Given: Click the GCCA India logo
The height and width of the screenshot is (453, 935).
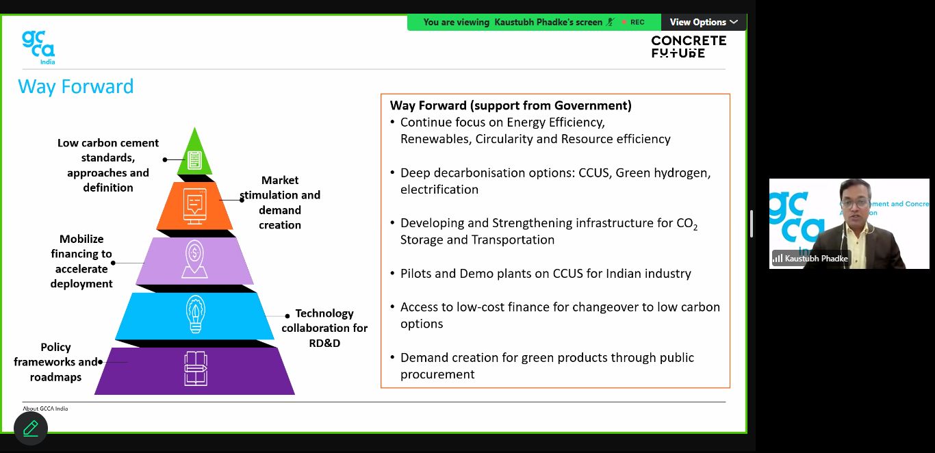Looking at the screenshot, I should [x=38, y=47].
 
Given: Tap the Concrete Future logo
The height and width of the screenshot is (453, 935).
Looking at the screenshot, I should [x=688, y=47].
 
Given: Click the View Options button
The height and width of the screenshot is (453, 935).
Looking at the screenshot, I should [x=704, y=22].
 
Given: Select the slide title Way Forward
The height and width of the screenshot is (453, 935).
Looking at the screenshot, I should [x=76, y=87].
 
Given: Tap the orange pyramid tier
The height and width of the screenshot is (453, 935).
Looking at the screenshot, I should [x=195, y=205].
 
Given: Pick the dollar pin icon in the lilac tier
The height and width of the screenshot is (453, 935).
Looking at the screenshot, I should [x=195, y=261].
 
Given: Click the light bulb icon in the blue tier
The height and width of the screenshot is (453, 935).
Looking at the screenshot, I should [x=195, y=315].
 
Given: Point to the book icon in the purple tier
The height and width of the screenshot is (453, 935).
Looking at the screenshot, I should [x=195, y=368].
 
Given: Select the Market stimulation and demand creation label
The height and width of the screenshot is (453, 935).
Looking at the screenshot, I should [x=280, y=203].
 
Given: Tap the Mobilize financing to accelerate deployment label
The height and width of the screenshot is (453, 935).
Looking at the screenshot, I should [x=81, y=261].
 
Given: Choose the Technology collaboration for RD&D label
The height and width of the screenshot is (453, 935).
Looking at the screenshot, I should [x=324, y=328].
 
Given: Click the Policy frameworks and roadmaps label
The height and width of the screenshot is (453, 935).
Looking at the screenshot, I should [x=56, y=362].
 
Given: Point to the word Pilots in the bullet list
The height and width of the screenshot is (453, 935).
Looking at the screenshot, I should [x=418, y=274].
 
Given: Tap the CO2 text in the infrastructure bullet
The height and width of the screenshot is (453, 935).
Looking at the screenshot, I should [x=687, y=224].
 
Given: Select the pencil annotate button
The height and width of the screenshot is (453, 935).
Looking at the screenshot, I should [x=31, y=428].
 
